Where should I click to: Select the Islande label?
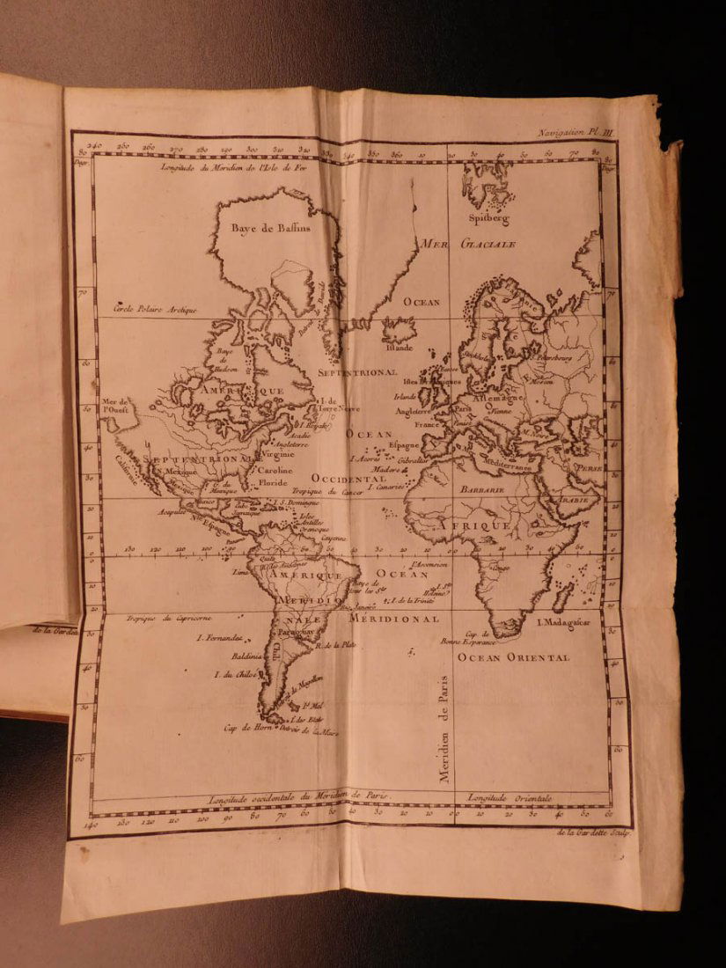click(398, 347)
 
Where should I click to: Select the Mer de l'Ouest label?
click(115, 405)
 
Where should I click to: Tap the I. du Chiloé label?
click(222, 675)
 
